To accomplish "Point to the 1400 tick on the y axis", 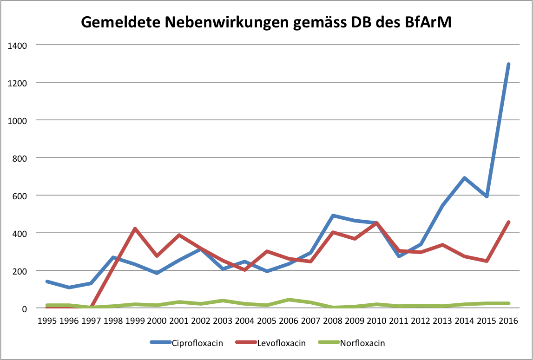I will (18, 45).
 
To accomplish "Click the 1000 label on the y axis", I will (18, 120).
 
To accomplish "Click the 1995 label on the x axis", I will (47, 321).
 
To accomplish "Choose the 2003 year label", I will (223, 321).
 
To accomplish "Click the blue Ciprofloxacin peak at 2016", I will (508, 64).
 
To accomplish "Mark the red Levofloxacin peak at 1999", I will (135, 229).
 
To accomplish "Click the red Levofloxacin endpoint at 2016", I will (508, 222).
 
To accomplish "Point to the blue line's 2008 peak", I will (333, 216).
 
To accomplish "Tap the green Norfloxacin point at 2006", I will (289, 300).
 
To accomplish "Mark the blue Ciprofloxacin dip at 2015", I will (487, 196).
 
